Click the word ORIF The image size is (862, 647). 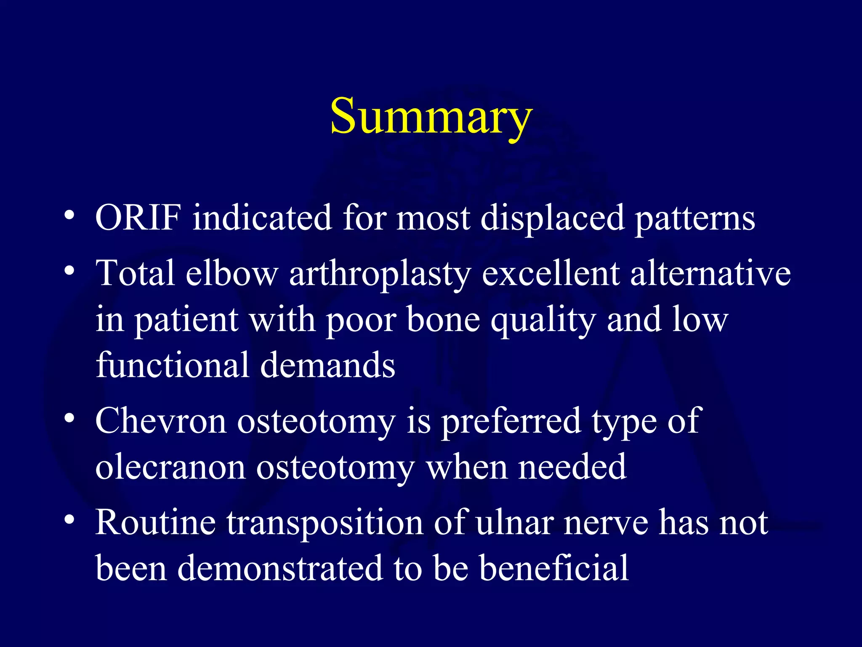click(138, 218)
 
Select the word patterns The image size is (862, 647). click(695, 219)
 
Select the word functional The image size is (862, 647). click(173, 365)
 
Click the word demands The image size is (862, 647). click(328, 365)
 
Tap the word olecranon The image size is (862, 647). click(170, 467)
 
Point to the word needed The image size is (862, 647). click(572, 467)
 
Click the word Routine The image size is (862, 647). click(155, 522)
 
